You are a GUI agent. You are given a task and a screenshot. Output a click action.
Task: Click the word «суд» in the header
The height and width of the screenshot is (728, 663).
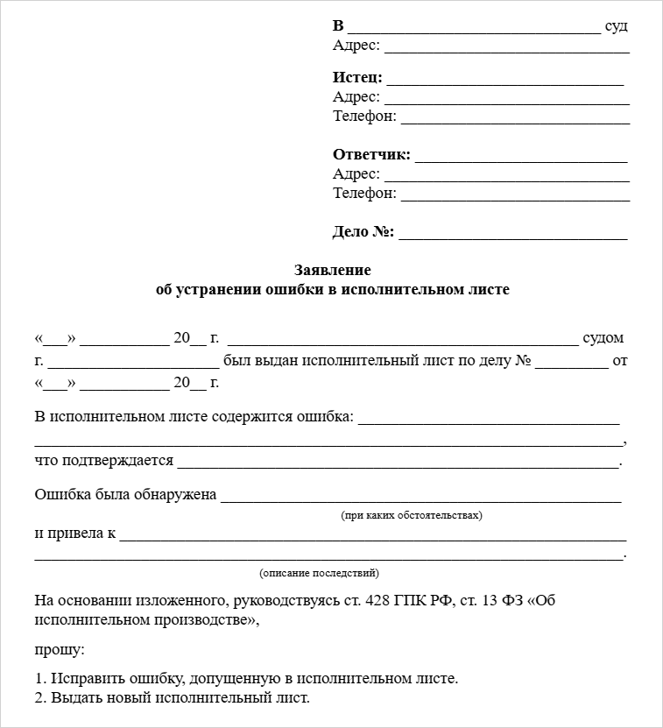[617, 25]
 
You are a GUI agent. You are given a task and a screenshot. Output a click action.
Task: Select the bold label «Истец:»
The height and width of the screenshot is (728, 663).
[357, 77]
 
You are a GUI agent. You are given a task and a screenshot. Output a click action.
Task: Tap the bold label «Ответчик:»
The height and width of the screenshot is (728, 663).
[371, 155]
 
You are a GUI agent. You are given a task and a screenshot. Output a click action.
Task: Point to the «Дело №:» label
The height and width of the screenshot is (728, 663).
[363, 232]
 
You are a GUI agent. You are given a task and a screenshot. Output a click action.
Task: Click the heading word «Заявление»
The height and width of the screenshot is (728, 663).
[332, 271]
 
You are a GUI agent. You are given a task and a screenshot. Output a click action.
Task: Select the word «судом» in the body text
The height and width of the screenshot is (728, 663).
[603, 338]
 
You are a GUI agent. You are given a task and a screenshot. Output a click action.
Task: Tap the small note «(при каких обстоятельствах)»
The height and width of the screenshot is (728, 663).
[411, 515]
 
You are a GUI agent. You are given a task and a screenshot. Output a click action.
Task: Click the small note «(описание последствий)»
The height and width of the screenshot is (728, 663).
[319, 573]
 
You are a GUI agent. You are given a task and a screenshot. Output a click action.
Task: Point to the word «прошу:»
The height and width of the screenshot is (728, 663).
[60, 651]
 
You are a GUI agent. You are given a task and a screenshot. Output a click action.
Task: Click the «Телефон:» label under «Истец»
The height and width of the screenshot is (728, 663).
[364, 116]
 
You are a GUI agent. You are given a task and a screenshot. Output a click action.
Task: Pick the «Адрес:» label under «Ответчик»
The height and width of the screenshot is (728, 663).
[356, 174]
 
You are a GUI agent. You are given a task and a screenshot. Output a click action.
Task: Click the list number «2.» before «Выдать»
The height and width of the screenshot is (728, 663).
[41, 698]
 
